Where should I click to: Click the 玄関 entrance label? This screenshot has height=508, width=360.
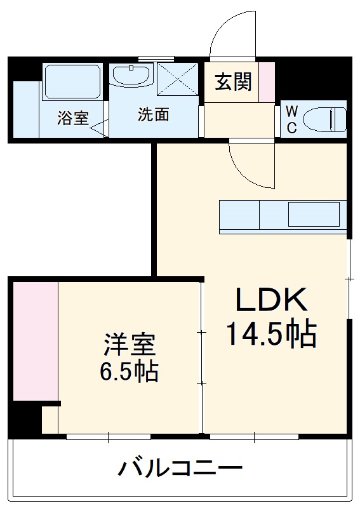click(x=233, y=81)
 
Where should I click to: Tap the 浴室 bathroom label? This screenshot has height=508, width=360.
click(x=72, y=118)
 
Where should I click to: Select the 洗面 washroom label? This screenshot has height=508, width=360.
click(x=154, y=115)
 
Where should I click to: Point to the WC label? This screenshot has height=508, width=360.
click(x=291, y=119)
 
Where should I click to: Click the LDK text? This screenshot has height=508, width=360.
click(x=272, y=301)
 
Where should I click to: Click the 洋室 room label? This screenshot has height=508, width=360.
click(x=129, y=346)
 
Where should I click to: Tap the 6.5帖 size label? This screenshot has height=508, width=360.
click(x=129, y=371)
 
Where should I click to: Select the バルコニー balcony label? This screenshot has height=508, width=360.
click(x=180, y=469)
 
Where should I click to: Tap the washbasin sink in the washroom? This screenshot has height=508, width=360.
click(x=131, y=77)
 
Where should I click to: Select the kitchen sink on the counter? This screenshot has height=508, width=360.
click(x=314, y=215)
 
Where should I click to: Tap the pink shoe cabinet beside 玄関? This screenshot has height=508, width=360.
click(x=267, y=81)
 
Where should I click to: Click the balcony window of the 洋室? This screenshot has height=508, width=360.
click(x=109, y=437)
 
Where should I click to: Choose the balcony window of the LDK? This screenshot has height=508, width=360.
click(x=253, y=437)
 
